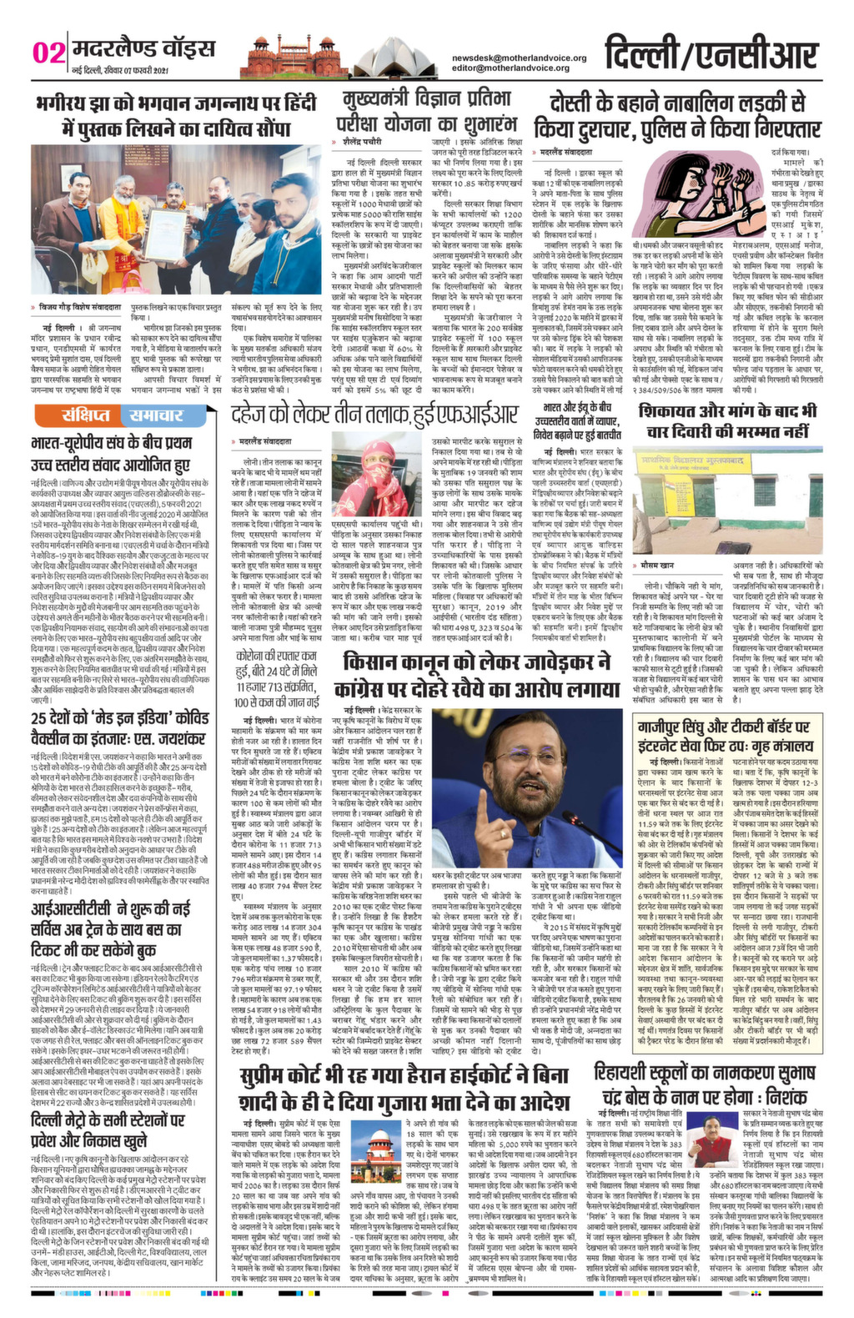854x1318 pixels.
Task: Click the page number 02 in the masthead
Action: pyautogui.click(x=48, y=53)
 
